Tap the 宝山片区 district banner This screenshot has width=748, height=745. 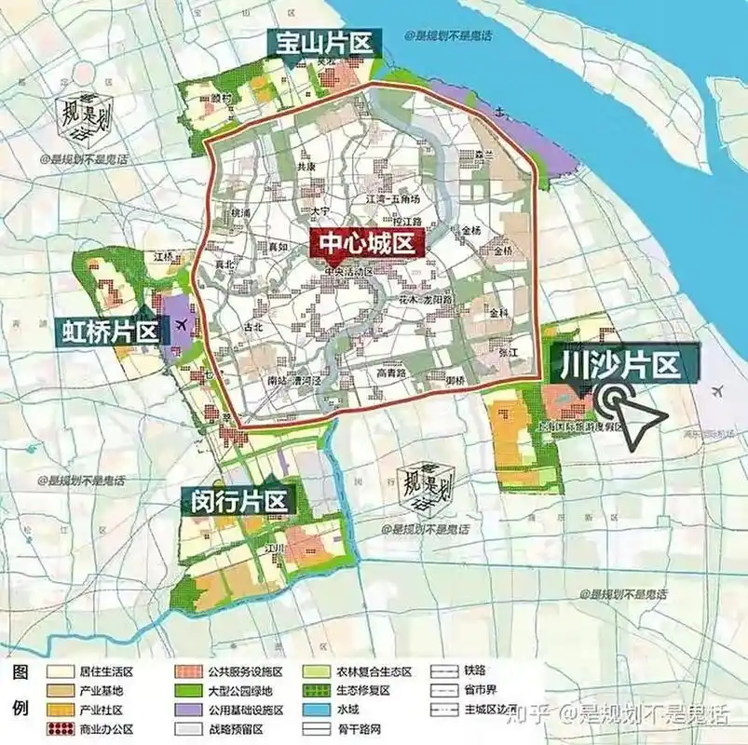[321, 43]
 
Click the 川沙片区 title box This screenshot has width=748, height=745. [625, 363]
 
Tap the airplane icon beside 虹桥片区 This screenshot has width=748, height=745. [181, 325]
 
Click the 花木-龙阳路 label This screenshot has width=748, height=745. [426, 301]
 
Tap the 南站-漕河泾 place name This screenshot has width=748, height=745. [288, 380]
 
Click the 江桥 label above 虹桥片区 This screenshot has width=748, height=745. [166, 256]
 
